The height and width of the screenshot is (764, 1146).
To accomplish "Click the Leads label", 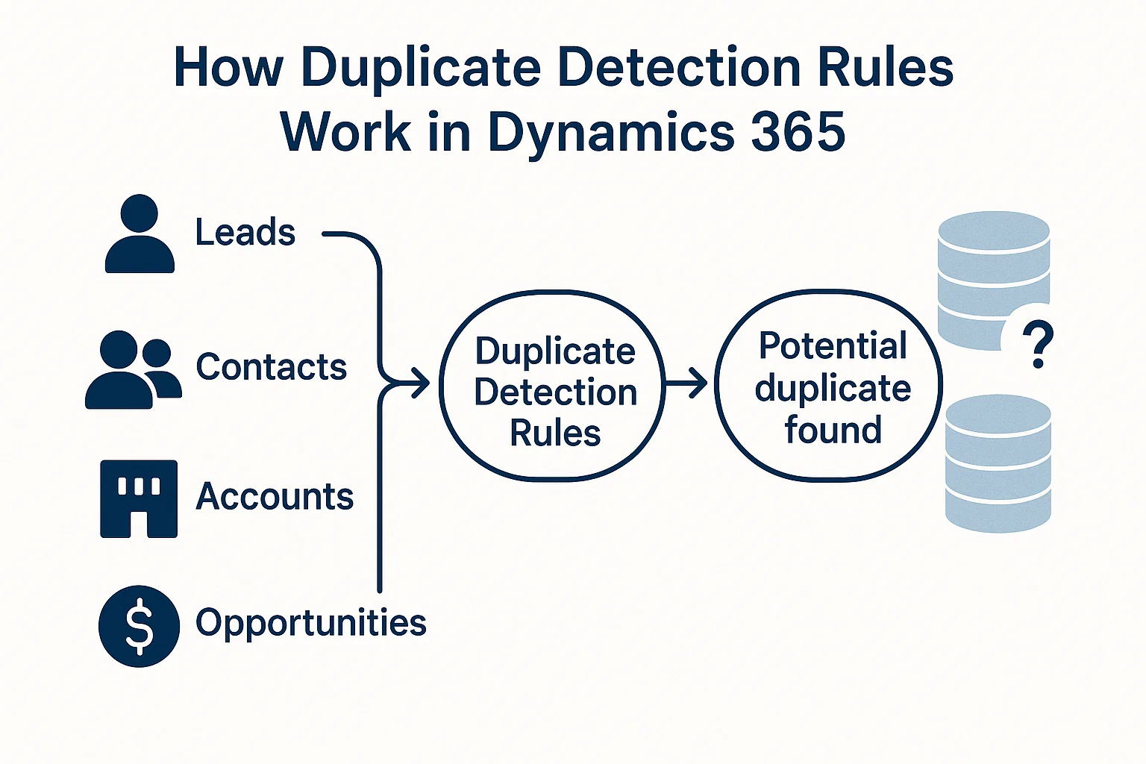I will point(245,232).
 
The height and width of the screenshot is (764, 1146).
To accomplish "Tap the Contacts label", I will point(271,367).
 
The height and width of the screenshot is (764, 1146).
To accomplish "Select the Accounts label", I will point(274,497).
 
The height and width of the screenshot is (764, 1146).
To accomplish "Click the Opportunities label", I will point(310,623).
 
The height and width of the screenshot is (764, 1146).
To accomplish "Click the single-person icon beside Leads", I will point(140,234).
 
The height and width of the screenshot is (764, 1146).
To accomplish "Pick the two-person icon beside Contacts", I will point(133,370).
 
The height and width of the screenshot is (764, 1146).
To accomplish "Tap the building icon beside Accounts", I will point(139,498).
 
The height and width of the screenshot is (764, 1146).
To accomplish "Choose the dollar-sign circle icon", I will point(139,626).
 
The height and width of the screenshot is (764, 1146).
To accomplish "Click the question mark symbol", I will point(1037,344).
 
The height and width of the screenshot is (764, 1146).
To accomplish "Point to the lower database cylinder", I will point(998,463).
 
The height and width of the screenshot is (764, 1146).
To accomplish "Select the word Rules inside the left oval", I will point(555,433).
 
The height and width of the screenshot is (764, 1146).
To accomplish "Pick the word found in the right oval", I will point(833,430).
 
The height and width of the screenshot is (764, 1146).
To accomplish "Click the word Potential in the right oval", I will point(833,346).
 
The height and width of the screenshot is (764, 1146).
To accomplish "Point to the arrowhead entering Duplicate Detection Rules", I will point(421,383).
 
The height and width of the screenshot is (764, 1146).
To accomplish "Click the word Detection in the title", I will point(678,68).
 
